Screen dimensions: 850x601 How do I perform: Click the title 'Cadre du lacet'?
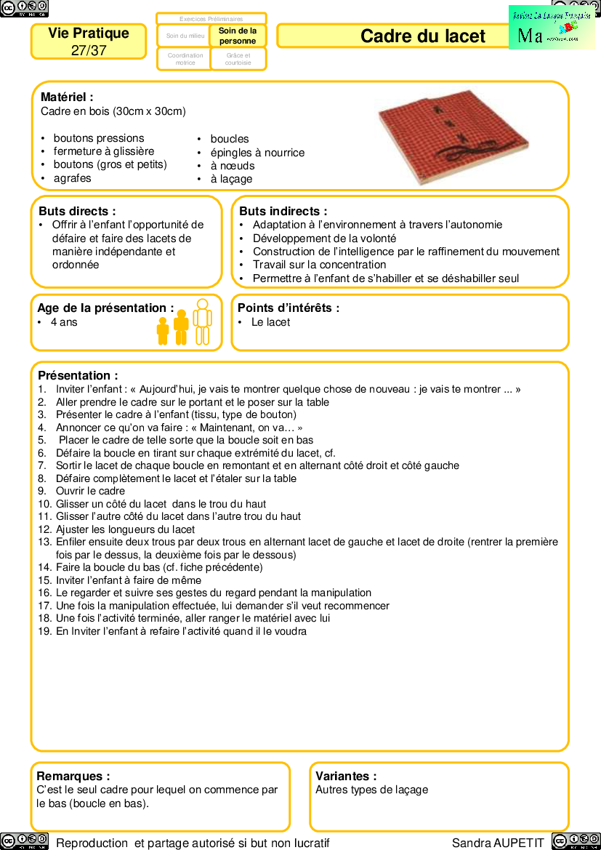pos(422,36)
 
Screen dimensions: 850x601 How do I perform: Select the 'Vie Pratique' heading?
pos(89,33)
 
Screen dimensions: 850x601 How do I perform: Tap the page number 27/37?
pos(89,50)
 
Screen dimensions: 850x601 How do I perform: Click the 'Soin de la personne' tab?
pos(238,36)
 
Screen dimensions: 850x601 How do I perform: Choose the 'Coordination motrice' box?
pos(185,59)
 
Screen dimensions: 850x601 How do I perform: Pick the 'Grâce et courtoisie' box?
pos(238,59)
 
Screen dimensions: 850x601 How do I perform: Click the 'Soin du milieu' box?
pos(185,36)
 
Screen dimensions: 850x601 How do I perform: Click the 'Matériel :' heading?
pos(67,97)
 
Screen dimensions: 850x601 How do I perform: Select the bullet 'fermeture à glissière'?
pos(103,151)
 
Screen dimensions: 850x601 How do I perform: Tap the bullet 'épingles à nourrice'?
pos(257,153)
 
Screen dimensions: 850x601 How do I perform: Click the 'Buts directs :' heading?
pos(77,211)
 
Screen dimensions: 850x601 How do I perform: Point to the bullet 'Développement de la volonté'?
pos(324,238)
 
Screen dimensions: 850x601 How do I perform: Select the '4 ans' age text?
pos(64,322)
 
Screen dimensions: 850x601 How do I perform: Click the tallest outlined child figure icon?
pos(202,321)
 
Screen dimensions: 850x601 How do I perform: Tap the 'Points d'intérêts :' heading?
pos(289,308)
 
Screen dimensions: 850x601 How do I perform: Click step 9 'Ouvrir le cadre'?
pos(90,491)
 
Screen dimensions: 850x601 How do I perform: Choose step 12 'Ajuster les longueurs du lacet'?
pos(125,529)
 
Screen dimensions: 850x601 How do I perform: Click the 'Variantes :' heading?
pos(346,776)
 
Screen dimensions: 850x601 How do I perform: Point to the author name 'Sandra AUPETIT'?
pos(498,843)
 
